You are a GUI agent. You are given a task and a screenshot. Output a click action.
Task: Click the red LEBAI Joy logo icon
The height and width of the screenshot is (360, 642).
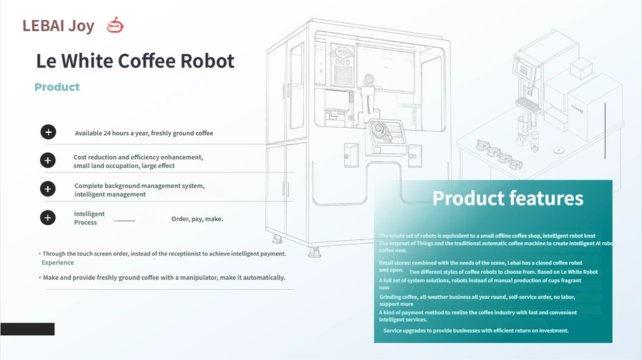click(x=116, y=25)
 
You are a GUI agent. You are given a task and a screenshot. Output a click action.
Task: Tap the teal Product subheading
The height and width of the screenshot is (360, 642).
click(x=57, y=87)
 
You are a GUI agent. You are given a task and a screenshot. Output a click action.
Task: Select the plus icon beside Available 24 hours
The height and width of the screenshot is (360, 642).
click(x=48, y=132)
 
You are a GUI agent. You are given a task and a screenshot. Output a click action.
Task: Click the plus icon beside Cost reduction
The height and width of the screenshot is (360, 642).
click(x=48, y=161)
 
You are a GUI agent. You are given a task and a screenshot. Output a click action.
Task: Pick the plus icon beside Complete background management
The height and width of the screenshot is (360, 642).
click(x=48, y=189)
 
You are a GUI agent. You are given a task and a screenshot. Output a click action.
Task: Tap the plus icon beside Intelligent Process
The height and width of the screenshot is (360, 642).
click(x=48, y=217)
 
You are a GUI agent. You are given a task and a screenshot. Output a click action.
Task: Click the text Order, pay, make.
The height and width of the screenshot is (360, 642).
click(x=197, y=219)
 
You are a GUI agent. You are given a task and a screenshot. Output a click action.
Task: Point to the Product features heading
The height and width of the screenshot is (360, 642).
click(x=508, y=198)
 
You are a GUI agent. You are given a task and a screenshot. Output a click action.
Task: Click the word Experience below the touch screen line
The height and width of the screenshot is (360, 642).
click(x=58, y=263)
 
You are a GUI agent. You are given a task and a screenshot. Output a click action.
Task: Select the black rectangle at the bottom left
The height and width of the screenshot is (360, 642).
click(x=27, y=329)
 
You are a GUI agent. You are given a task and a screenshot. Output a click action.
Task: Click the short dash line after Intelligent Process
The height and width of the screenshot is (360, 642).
click(x=124, y=220)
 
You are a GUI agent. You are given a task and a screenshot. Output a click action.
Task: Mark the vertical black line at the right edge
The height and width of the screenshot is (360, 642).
click(x=605, y=130)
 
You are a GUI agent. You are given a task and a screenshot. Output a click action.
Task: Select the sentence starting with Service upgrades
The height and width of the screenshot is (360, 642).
click(x=475, y=331)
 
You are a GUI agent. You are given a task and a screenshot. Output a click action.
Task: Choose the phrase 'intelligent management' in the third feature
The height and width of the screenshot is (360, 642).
click(x=110, y=194)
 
